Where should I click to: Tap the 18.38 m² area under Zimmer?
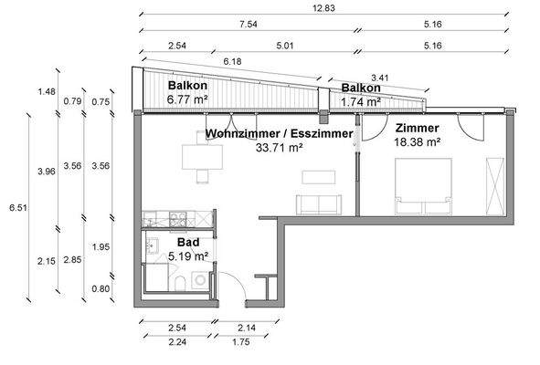point(418,143)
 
